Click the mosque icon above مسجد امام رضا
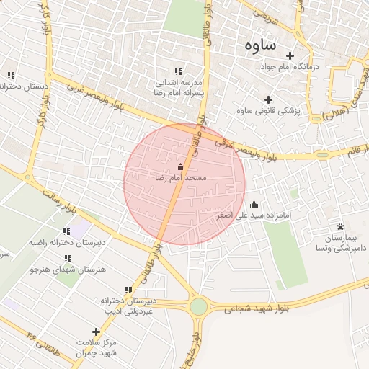coord(180,167)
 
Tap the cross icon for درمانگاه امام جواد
coord(290,55)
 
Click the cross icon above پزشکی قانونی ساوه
coord(269,99)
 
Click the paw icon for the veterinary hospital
coord(340,226)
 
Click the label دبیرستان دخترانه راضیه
coord(66,243)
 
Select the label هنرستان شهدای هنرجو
coord(67,269)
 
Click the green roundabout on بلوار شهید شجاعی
coord(198,306)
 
